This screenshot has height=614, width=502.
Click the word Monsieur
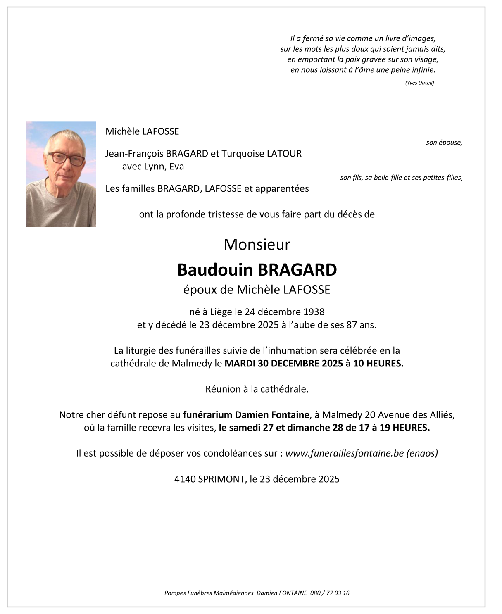(x=257, y=245)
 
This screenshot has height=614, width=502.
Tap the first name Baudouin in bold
(x=215, y=270)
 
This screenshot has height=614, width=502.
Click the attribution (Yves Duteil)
(x=419, y=83)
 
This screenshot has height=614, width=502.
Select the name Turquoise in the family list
(x=243, y=154)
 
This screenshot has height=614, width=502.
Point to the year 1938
(x=314, y=312)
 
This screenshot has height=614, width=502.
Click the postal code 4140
(x=185, y=479)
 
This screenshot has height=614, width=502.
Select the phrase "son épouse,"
(x=444, y=143)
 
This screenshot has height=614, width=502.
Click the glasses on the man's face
(x=66, y=158)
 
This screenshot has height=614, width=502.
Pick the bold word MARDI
(x=240, y=364)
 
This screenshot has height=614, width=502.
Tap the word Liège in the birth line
(x=221, y=312)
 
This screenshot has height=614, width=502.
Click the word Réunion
(x=223, y=389)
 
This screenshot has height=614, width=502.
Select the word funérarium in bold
(x=207, y=415)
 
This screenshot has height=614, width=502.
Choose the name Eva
(x=176, y=167)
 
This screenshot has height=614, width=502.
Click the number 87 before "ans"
(x=352, y=325)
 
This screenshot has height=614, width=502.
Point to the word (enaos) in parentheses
(x=422, y=453)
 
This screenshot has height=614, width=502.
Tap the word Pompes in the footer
(x=174, y=593)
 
